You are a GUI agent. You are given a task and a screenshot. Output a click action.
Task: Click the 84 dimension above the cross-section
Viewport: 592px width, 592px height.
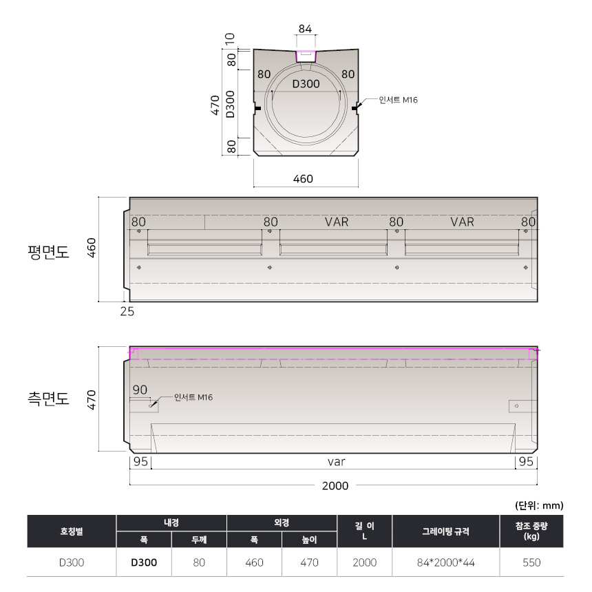305,29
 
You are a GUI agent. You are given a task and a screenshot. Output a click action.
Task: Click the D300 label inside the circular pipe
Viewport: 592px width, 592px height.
306,84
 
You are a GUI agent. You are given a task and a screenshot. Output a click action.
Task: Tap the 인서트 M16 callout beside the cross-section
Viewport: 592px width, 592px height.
399,100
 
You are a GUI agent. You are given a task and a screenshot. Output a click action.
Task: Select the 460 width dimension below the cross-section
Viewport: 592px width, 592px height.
303,178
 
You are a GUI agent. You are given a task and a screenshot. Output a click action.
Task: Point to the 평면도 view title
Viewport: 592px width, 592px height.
49,252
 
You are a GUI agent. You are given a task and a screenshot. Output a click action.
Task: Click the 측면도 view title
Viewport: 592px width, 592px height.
49,399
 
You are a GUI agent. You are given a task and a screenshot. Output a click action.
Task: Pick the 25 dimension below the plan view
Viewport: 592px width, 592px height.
127,311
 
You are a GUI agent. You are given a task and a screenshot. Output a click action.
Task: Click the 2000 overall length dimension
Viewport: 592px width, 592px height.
335,486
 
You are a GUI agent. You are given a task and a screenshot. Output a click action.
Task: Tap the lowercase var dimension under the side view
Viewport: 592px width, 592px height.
337,462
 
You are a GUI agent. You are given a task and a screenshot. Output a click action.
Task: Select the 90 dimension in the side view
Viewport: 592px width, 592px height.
140,390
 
